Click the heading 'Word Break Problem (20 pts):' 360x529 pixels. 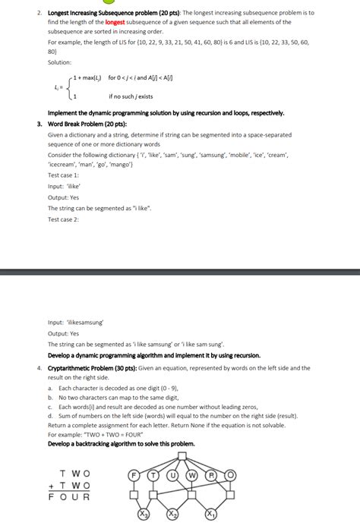point(87,123)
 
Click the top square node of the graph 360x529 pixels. point(182,457)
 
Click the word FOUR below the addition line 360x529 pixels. point(69,498)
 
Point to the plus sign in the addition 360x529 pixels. point(51,485)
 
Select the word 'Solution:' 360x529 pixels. point(60,62)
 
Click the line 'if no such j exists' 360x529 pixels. point(131,96)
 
